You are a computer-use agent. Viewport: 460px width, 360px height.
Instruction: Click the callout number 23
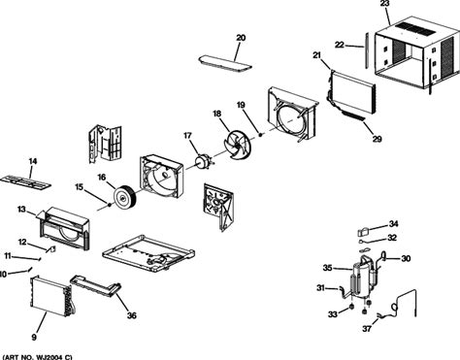click(x=384, y=4)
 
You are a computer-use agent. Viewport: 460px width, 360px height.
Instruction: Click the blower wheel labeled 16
click(x=124, y=197)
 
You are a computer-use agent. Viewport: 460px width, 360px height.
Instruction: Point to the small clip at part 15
click(x=110, y=205)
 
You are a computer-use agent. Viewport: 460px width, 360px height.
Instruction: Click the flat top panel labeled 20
click(x=225, y=64)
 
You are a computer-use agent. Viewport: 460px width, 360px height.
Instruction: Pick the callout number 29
click(x=377, y=139)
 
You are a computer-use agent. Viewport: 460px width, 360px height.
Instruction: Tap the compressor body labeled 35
click(x=361, y=276)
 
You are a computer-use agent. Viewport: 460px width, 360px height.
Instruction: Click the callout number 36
click(x=131, y=315)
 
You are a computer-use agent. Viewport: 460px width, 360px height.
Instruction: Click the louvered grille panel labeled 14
click(x=25, y=182)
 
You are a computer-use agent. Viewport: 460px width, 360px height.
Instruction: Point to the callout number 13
click(x=21, y=210)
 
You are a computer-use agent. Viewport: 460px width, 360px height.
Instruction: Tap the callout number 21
click(x=316, y=55)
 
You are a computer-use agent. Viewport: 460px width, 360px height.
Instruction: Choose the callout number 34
click(x=393, y=224)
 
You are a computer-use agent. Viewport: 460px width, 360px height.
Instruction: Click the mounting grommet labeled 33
click(x=350, y=307)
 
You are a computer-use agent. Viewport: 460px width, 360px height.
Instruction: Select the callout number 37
click(x=367, y=329)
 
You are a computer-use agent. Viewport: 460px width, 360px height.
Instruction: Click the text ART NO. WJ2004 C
click(x=38, y=357)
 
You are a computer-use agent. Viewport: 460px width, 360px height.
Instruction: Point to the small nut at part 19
click(x=260, y=134)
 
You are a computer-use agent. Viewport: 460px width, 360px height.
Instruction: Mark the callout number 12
click(x=22, y=242)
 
